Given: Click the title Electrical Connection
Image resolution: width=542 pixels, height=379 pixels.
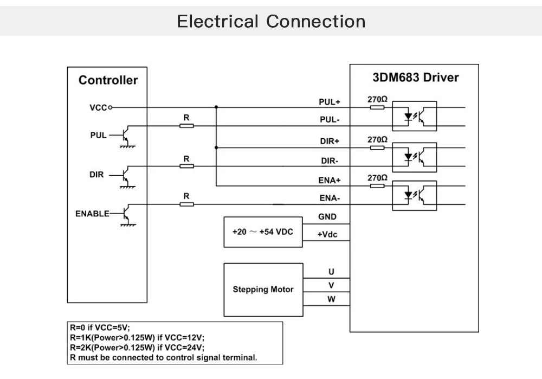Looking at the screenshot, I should click(x=271, y=22).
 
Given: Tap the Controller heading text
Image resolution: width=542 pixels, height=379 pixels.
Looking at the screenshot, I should click(x=108, y=80).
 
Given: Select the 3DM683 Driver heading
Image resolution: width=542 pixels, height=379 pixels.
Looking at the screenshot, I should click(x=416, y=78).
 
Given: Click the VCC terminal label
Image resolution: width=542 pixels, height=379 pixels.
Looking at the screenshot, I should click(x=98, y=107).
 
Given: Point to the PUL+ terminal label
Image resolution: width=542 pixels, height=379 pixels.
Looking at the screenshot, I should click(x=329, y=102).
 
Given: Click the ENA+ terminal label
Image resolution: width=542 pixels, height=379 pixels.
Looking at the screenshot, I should click(x=329, y=180).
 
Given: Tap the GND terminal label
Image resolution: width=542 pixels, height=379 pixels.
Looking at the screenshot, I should click(x=327, y=217).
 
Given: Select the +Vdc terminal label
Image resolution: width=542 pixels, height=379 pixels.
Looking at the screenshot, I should click(x=327, y=235).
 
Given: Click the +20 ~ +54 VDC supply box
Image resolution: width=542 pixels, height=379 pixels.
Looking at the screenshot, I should click(x=263, y=232).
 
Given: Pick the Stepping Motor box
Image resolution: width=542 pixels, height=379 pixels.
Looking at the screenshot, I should click(x=263, y=290).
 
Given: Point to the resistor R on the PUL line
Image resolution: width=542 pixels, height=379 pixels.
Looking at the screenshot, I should click(x=186, y=126).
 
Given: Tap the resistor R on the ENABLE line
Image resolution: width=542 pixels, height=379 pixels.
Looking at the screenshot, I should click(x=186, y=204).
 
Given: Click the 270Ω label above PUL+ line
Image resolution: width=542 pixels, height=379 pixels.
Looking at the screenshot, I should click(x=377, y=100).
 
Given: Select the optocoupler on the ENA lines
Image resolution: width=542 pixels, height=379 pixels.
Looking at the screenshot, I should click(x=414, y=195).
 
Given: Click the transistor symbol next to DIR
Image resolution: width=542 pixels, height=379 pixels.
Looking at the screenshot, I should click(x=126, y=176).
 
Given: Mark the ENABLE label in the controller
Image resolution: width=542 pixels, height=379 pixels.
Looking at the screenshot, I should click(x=92, y=213).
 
